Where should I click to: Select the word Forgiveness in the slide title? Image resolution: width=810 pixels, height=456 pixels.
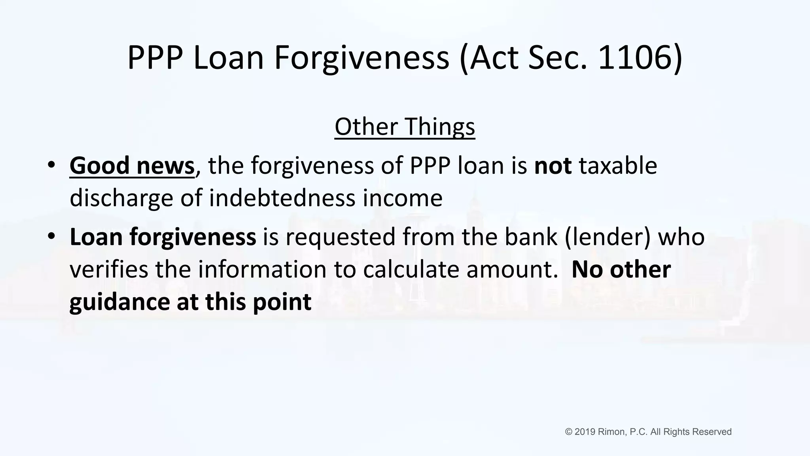361,58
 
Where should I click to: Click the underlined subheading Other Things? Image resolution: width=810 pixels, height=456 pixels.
405,127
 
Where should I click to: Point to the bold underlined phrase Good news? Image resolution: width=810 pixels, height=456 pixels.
132,165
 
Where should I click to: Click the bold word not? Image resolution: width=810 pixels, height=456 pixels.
553,165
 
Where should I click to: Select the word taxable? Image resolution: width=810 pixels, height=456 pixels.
618,165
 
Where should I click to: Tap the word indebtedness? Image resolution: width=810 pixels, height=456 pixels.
282,198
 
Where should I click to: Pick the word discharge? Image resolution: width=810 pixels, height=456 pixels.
121,198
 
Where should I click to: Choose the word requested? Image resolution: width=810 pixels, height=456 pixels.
340,237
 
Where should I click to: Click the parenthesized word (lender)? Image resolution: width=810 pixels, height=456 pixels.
607,237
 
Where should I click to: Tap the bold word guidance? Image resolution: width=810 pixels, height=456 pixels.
120,302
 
